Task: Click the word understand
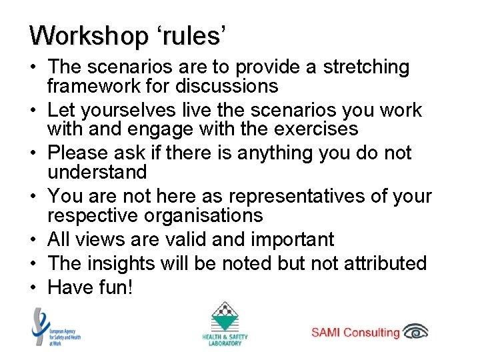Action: [97, 172]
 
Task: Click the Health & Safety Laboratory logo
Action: [225, 324]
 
